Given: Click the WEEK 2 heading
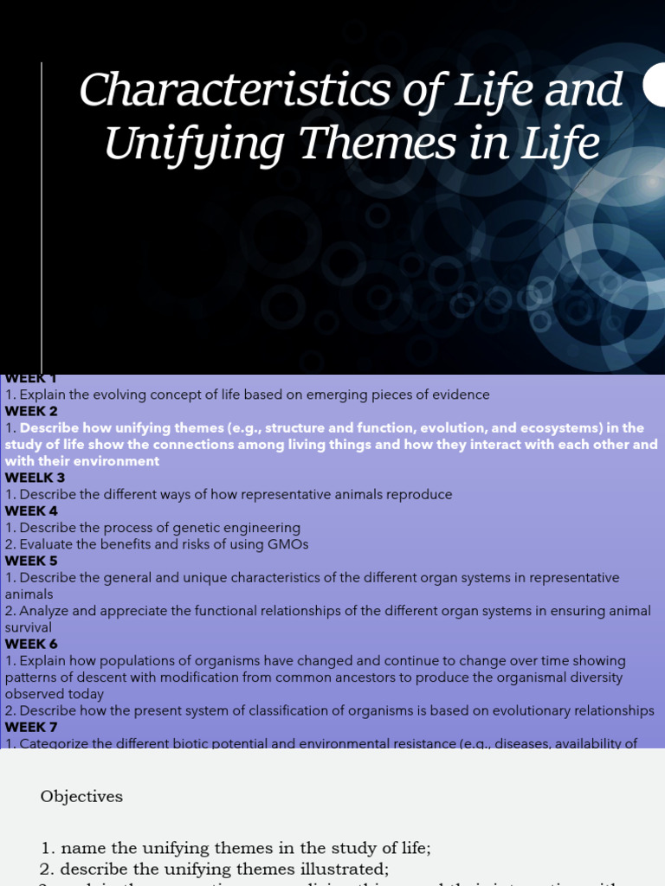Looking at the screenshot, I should (31, 411).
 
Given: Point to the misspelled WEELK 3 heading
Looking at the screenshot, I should (35, 478).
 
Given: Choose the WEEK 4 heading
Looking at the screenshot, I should (31, 510).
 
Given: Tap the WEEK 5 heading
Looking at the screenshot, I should (31, 561).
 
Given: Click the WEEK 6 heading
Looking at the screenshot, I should (31, 644).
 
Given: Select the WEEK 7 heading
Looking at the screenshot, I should (31, 727).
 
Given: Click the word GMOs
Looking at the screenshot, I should (287, 544).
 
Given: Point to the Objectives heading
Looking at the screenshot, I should (81, 797).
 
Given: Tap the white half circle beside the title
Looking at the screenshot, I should (655, 87).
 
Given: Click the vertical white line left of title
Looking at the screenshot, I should (42, 216).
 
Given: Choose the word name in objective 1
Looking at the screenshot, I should (80, 849).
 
